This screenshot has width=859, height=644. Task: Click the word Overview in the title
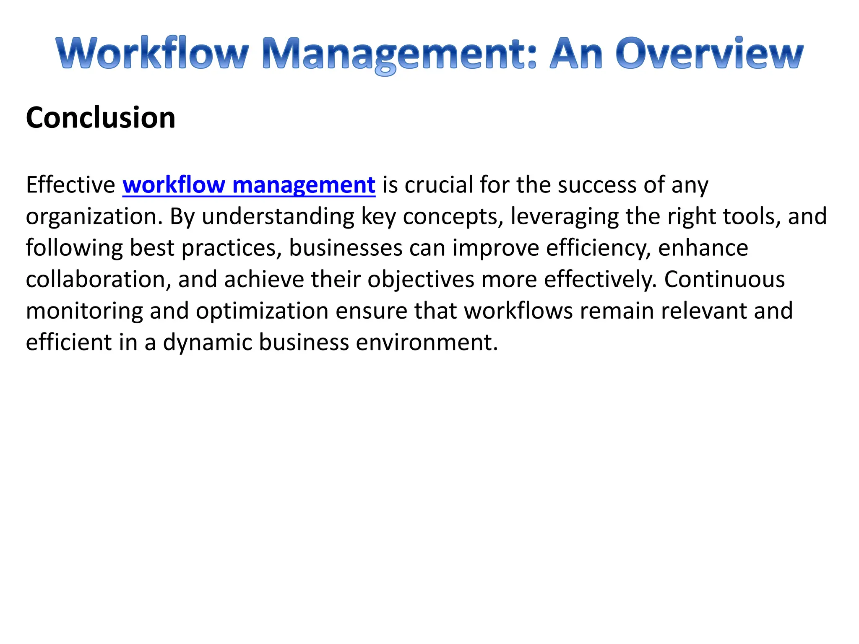(709, 54)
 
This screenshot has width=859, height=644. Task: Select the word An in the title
(576, 54)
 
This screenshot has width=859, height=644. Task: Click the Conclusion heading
(101, 117)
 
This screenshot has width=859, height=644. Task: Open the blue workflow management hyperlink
(249, 185)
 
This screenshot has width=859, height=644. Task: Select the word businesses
(346, 248)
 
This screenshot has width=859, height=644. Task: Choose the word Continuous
(724, 280)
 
